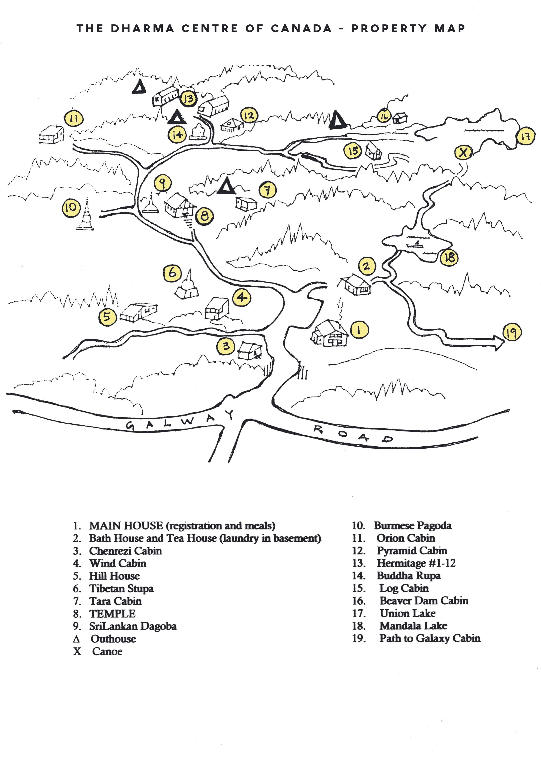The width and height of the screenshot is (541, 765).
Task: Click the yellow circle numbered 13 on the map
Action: [188, 99]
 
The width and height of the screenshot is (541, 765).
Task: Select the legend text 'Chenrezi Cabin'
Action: [125, 551]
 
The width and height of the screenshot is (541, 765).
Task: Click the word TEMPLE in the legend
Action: [112, 613]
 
